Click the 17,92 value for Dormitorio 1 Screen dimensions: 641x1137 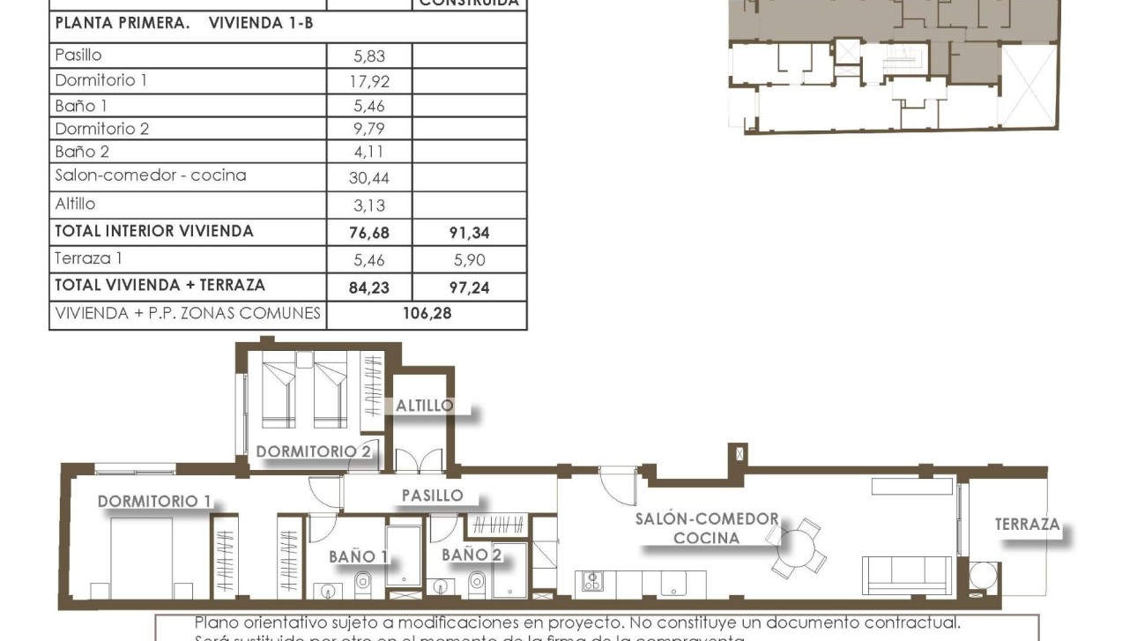(369, 82)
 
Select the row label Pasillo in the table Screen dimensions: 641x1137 (78, 55)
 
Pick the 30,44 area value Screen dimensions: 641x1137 (369, 177)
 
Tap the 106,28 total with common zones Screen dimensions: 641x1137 (427, 314)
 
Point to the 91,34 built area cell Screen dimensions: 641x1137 (469, 234)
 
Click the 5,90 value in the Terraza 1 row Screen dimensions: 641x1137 (469, 260)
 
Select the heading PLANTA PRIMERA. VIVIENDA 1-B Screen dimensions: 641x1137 (184, 24)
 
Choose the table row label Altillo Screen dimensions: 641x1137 (75, 204)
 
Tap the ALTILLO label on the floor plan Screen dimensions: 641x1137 (424, 406)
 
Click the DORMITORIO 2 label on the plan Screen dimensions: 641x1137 (314, 451)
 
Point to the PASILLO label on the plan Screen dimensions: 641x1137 (432, 496)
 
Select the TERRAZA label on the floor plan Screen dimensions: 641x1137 (1027, 525)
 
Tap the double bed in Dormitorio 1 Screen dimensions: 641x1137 (141, 558)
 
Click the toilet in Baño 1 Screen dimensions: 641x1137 (362, 582)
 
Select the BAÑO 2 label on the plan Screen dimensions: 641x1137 (472, 555)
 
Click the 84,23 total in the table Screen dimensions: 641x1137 (369, 287)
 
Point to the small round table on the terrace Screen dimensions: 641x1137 (981, 576)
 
